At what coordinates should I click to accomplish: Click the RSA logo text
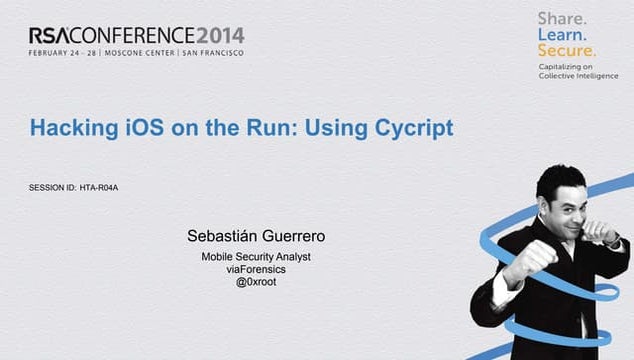[48, 35]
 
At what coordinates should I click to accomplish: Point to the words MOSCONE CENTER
[139, 54]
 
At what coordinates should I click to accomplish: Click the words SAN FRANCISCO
[212, 54]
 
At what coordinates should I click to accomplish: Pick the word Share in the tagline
[562, 18]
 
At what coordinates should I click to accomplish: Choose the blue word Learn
[561, 34]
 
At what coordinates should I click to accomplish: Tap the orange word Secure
[567, 50]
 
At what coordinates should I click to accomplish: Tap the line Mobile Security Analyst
[256, 257]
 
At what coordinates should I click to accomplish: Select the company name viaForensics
[254, 270]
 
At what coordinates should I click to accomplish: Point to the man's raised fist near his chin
[527, 263]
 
